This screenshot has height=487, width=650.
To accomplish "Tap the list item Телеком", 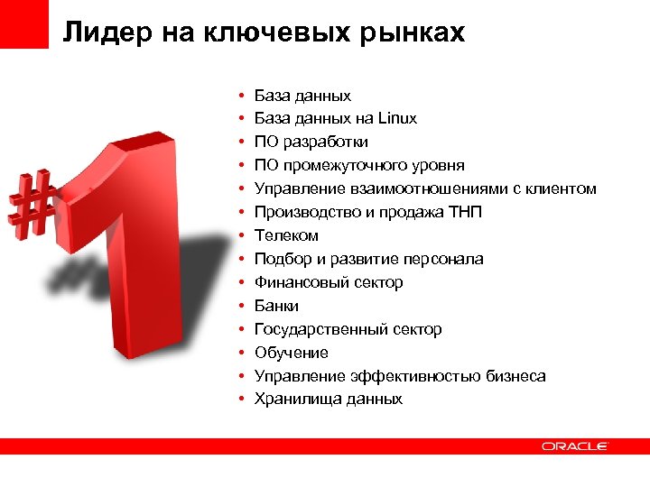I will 286,235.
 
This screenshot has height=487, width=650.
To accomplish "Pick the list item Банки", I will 276,306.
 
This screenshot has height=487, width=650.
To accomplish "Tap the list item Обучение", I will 291,353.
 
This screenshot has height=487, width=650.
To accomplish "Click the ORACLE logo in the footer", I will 575,446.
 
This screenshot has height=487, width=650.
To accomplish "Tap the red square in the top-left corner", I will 23,23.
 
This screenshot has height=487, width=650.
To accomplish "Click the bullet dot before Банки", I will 241,307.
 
